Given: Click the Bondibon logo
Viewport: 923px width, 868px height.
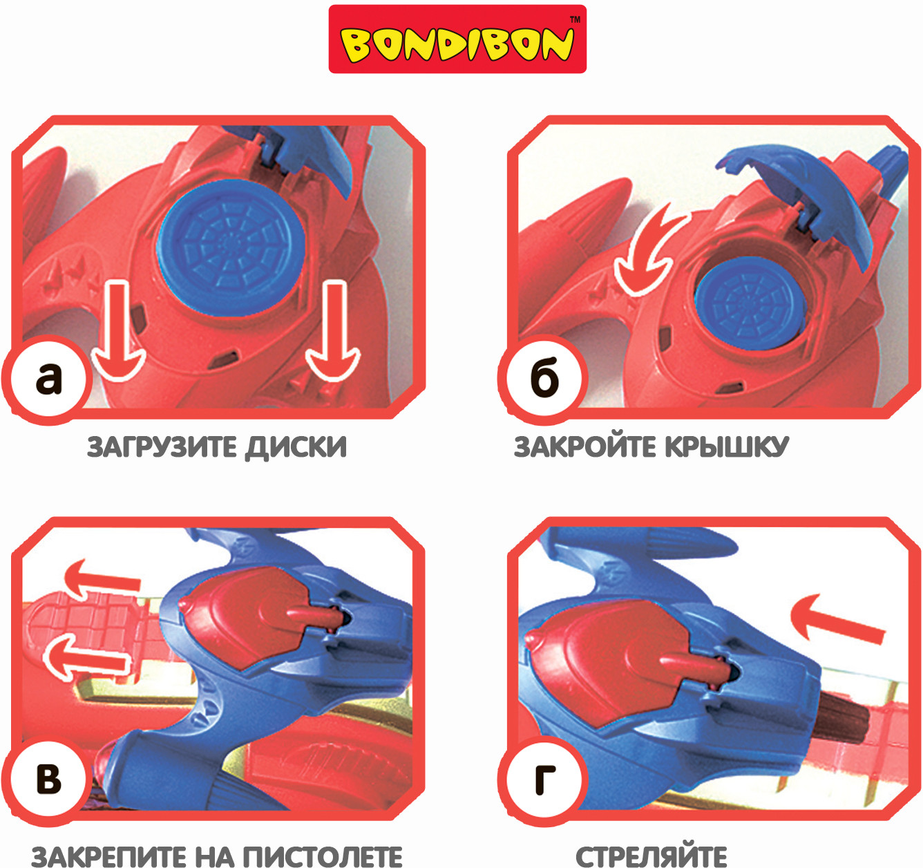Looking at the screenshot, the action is (457, 39).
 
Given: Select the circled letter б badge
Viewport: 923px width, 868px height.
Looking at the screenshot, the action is (543, 379).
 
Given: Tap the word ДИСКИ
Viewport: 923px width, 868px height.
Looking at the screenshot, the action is (296, 447).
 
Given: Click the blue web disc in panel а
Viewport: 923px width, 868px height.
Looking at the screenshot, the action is (231, 248).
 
